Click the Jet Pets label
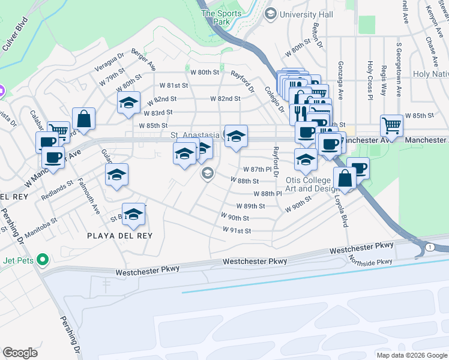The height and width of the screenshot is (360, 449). (x=17, y=259)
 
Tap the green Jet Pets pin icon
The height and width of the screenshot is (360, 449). (x=41, y=260)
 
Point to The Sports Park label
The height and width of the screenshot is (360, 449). (x=215, y=17)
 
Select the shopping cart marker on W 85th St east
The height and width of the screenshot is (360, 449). (x=391, y=125)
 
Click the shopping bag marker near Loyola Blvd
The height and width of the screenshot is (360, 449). (x=345, y=178)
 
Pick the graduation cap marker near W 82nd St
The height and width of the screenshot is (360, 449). (x=128, y=103)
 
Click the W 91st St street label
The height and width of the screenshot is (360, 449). (x=236, y=230)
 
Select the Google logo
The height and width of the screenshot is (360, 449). (x=20, y=353)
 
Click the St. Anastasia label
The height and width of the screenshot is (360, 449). (x=195, y=136)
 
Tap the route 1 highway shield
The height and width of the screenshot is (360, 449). (x=429, y=247)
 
